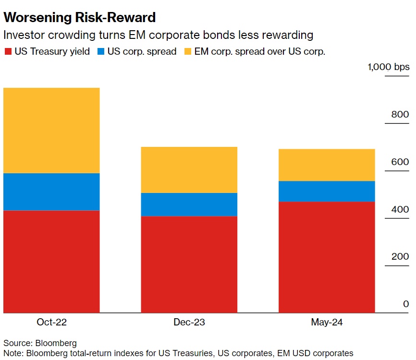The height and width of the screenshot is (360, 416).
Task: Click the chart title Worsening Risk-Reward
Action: tap(80, 18)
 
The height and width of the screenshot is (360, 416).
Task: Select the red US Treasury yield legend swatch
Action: tap(8, 51)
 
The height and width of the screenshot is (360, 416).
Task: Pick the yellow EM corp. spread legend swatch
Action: tap(187, 51)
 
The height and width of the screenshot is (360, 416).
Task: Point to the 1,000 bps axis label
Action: tap(389, 67)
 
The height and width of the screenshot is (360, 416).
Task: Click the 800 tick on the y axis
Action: tap(400, 114)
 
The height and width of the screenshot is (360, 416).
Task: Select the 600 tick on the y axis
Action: tap(400, 162)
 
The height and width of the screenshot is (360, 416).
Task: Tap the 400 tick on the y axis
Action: tap(400, 209)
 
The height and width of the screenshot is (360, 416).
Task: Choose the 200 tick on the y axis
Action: tap(400, 256)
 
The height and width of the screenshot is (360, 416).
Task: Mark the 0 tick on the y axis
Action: tap(406, 304)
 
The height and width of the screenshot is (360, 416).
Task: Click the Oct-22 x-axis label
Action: tap(51, 322)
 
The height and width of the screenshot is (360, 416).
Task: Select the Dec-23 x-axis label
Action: tap(189, 322)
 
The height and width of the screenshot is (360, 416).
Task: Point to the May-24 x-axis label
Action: tap(327, 322)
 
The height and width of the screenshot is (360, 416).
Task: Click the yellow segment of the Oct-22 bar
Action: tap(51, 130)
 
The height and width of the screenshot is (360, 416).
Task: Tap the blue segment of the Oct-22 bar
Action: tap(51, 192)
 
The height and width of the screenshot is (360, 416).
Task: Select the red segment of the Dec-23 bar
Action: tap(189, 264)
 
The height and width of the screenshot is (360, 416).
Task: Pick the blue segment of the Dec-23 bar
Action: tap(189, 204)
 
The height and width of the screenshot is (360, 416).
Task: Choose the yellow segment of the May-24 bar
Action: tap(327, 165)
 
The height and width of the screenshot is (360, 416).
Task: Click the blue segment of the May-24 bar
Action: tap(327, 191)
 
